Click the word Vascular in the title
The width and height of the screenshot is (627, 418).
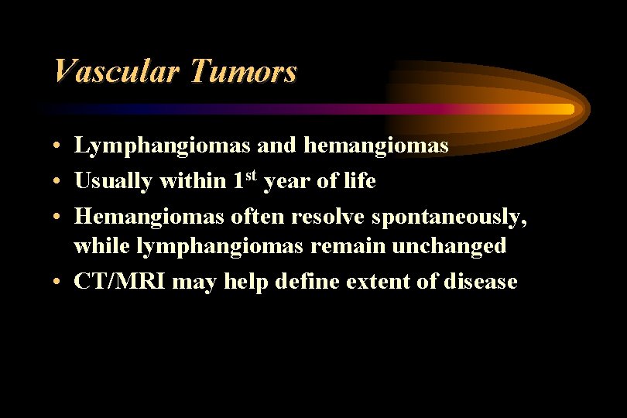coord(115,72)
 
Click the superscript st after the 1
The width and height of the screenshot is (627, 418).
coord(253,176)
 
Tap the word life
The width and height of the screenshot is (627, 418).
coord(359,181)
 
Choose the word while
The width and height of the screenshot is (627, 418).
coord(102,246)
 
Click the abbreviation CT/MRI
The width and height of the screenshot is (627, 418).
coord(120,282)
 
